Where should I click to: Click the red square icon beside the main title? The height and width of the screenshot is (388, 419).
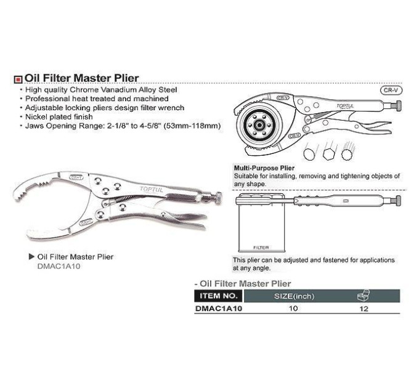18,79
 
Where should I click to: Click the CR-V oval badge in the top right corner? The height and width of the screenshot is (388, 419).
391,91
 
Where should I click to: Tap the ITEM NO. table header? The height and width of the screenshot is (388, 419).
219,296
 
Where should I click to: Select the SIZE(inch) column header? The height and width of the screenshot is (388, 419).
294,296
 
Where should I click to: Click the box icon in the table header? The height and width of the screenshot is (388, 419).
364,296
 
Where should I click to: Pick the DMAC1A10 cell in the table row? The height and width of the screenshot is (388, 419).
219,309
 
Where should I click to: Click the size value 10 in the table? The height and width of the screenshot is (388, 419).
293,309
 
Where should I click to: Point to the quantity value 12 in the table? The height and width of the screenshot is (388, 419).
364,309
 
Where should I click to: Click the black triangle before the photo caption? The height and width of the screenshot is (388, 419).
32,257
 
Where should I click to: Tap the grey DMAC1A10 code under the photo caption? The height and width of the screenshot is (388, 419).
59,266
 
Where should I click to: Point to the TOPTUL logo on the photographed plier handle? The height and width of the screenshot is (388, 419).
151,190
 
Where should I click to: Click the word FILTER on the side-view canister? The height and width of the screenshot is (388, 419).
261,248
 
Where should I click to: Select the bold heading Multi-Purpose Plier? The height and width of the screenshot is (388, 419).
264,168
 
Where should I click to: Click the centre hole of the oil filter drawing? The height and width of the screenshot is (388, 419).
259,124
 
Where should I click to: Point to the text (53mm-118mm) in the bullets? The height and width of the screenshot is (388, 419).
192,126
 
